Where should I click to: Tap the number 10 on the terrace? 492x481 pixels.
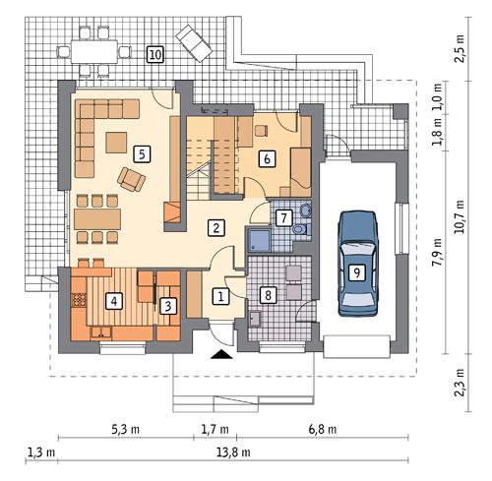pos(154,54)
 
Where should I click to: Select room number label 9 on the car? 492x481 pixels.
pos(356,271)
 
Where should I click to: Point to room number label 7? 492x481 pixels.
pos(282,217)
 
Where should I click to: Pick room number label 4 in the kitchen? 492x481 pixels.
pos(115,301)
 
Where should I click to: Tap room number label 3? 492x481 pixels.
pos(168,306)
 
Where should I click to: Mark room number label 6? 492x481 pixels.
pos(266,157)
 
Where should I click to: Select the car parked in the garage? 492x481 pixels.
pos(356,264)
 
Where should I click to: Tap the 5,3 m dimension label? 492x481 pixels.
pos(125,429)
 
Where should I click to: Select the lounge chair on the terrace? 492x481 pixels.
pos(190,41)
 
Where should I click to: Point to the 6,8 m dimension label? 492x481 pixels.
pos(321,429)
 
